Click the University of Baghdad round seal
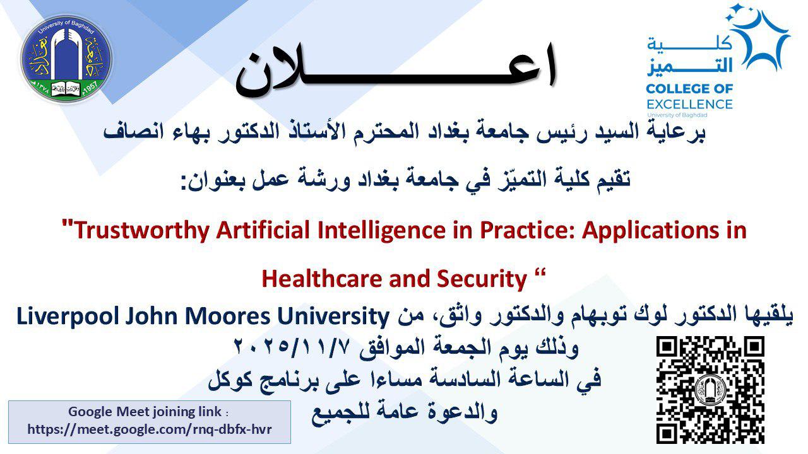[x=67, y=59]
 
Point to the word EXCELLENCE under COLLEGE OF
[x=689, y=105]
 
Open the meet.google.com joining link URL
[x=150, y=429]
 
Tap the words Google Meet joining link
[x=145, y=412]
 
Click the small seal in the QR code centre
[x=710, y=390]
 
